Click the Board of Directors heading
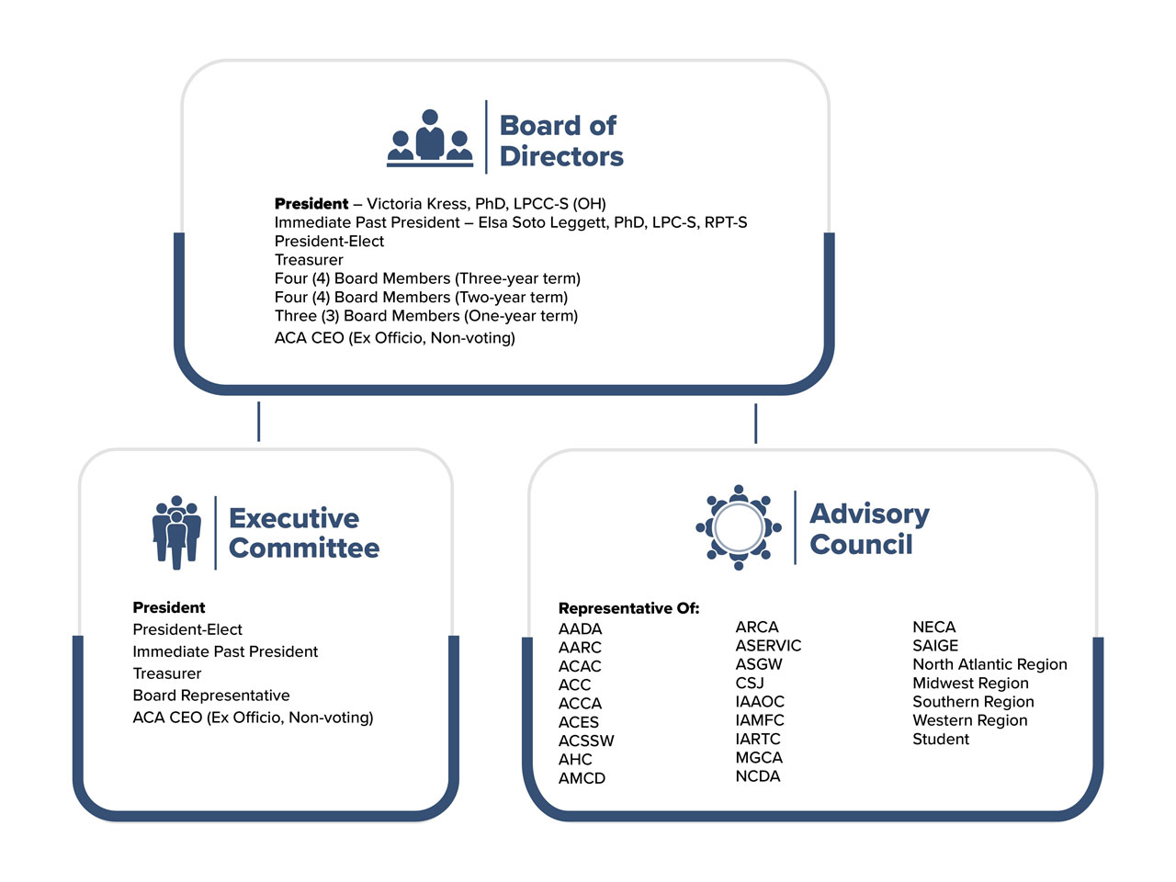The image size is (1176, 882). tap(560, 141)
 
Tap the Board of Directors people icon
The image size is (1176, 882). tap(430, 139)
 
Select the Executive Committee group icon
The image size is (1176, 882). tap(176, 532)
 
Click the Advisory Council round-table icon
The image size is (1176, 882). tap(739, 527)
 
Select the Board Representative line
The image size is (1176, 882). tap(211, 695)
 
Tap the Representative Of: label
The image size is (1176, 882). tap(628, 608)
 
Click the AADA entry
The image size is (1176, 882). tap(580, 629)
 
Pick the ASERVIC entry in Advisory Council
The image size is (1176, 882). tap(768, 646)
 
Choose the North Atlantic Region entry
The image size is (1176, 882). tap(989, 664)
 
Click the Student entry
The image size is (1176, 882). tap(940, 739)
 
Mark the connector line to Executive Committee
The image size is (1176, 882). tap(259, 421)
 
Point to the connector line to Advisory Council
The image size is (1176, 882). tap(755, 423)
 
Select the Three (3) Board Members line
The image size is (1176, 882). tap(426, 316)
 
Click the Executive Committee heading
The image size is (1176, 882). tap(303, 533)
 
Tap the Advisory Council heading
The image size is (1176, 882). tap(869, 529)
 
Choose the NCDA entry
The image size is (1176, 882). tap(758, 776)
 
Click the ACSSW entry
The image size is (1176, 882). tap(586, 741)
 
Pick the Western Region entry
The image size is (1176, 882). tap(969, 720)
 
